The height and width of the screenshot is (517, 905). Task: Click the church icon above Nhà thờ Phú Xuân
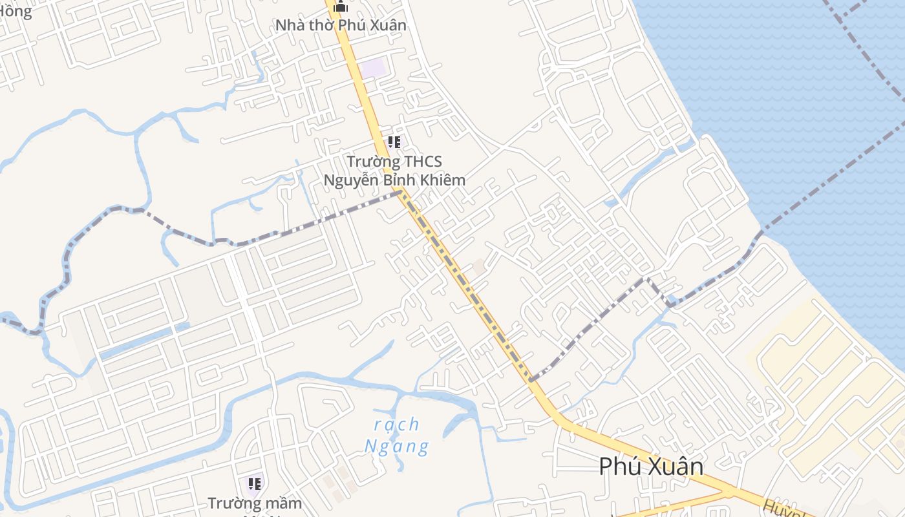(x=341, y=7)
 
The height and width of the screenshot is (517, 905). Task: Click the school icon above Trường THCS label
(x=394, y=142)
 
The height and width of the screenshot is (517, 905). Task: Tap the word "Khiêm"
(x=443, y=180)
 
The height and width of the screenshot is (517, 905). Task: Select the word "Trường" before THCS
(x=369, y=161)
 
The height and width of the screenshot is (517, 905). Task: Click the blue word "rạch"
(x=397, y=425)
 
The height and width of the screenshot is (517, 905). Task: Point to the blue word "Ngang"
(x=397, y=446)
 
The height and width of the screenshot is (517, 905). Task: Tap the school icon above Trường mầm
(x=255, y=483)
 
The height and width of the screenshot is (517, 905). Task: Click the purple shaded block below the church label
(x=373, y=68)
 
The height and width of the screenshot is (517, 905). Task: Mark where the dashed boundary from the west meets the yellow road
(x=402, y=192)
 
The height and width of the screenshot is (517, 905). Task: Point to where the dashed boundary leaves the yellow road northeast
(x=531, y=379)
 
